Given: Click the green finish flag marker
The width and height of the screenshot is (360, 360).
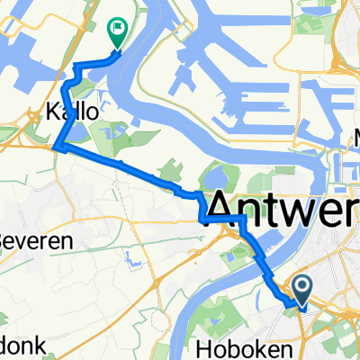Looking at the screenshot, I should (117, 32).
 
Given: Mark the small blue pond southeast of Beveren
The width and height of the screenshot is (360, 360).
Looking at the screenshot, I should (135, 262).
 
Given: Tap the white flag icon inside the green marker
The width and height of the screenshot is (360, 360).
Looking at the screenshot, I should (117, 29).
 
